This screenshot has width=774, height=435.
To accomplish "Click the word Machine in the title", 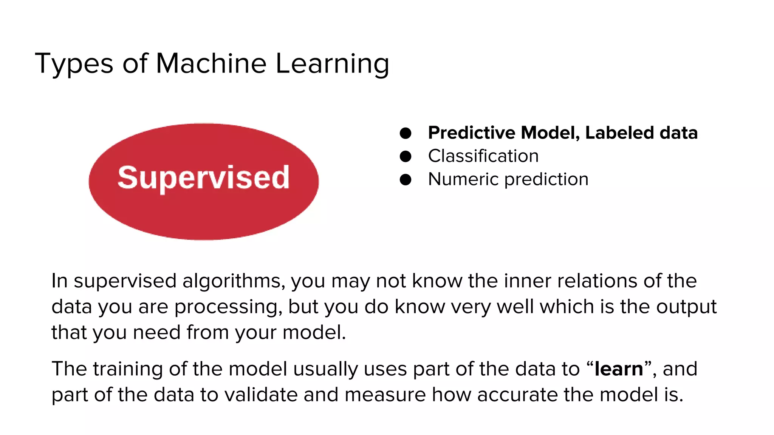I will [211, 63].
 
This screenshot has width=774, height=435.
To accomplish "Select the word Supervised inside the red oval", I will [204, 178].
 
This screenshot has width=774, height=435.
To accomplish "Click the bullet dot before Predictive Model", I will [406, 133].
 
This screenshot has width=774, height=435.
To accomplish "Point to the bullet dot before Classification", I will [406, 156].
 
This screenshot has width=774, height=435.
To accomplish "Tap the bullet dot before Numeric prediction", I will [406, 180].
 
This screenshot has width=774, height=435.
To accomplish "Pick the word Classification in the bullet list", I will [483, 156].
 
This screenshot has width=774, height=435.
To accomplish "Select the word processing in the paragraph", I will [228, 307].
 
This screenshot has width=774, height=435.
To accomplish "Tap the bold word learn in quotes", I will [619, 369].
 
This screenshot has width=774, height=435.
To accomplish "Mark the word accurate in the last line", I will [517, 395].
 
